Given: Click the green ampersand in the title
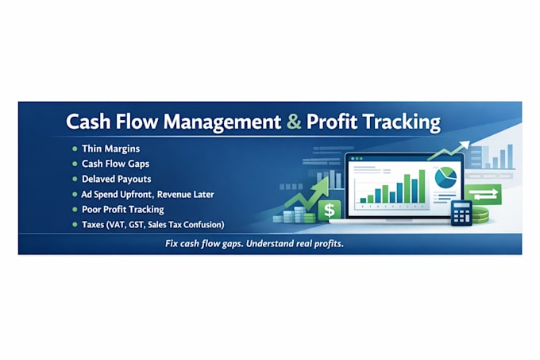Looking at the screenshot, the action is coord(294,122).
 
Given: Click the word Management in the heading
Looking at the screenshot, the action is coord(222,122).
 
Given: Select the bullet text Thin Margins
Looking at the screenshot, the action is coord(111,149).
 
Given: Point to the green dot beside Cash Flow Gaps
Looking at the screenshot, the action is coord(75,164).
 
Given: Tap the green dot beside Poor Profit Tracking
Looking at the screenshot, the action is coord(75,210).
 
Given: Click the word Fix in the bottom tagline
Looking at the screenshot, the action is coord(172,244).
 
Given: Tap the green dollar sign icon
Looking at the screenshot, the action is coord(330,210).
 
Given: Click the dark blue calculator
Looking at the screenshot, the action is coord(461,213).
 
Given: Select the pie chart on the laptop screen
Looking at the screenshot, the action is coord(445,177).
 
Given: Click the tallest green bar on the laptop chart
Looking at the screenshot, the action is coord(422,186).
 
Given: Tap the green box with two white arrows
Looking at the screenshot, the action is coord(483,195).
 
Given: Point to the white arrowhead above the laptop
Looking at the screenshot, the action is coord(465,145).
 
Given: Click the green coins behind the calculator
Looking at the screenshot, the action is coord(480,215).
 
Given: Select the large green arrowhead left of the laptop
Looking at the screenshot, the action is coord(322,186).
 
